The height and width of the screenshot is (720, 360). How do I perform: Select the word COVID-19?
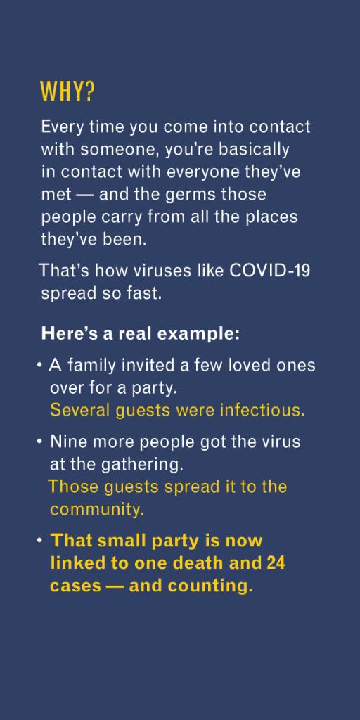[270, 271]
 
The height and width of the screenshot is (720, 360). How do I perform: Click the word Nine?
[65, 442]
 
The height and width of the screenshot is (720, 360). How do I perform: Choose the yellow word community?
[96, 508]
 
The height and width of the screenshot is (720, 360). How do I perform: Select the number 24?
[276, 563]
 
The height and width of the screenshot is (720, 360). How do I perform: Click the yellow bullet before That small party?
[40, 540]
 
